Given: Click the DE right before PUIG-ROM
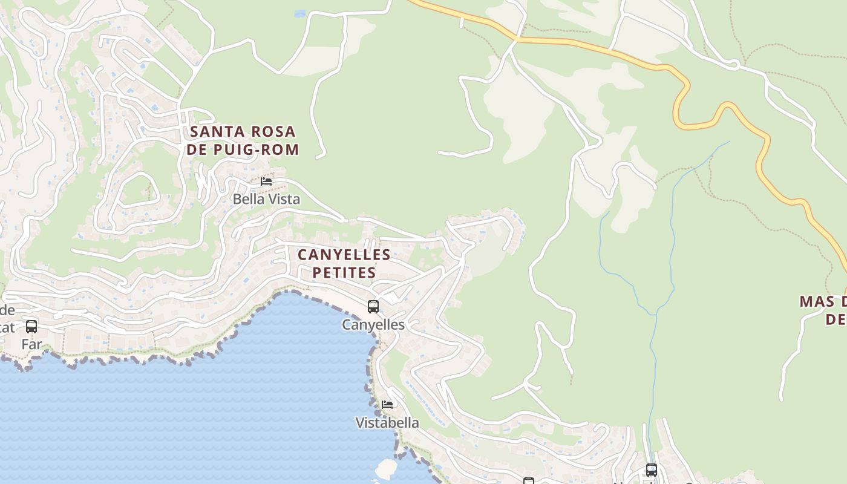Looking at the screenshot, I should [x=197, y=149].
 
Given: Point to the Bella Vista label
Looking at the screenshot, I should [x=266, y=199].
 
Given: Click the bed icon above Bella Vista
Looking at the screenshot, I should [x=266, y=181].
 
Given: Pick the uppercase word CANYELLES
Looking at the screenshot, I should [x=344, y=254].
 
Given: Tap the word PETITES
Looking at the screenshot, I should [x=344, y=273].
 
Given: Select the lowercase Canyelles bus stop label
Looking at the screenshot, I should [x=373, y=325].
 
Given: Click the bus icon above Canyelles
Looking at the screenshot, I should [x=373, y=307].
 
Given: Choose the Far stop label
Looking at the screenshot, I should [x=31, y=345].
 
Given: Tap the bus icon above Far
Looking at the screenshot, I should [x=31, y=327].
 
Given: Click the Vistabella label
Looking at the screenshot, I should [x=387, y=423].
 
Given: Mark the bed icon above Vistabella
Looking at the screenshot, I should [x=387, y=404].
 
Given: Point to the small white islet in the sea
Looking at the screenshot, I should [x=386, y=468].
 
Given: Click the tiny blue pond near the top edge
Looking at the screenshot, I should [x=299, y=13].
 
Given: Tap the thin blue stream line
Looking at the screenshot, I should [x=672, y=242].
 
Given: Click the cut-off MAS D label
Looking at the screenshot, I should [x=823, y=301].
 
